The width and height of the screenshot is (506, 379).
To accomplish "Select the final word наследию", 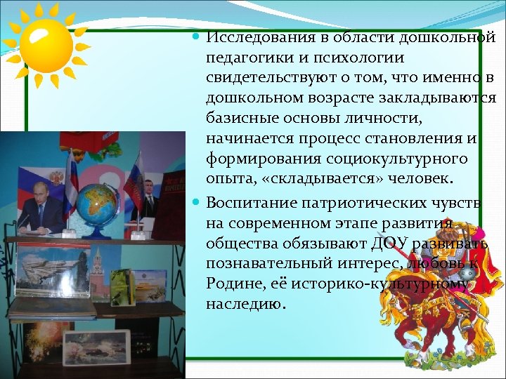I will (246, 305).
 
